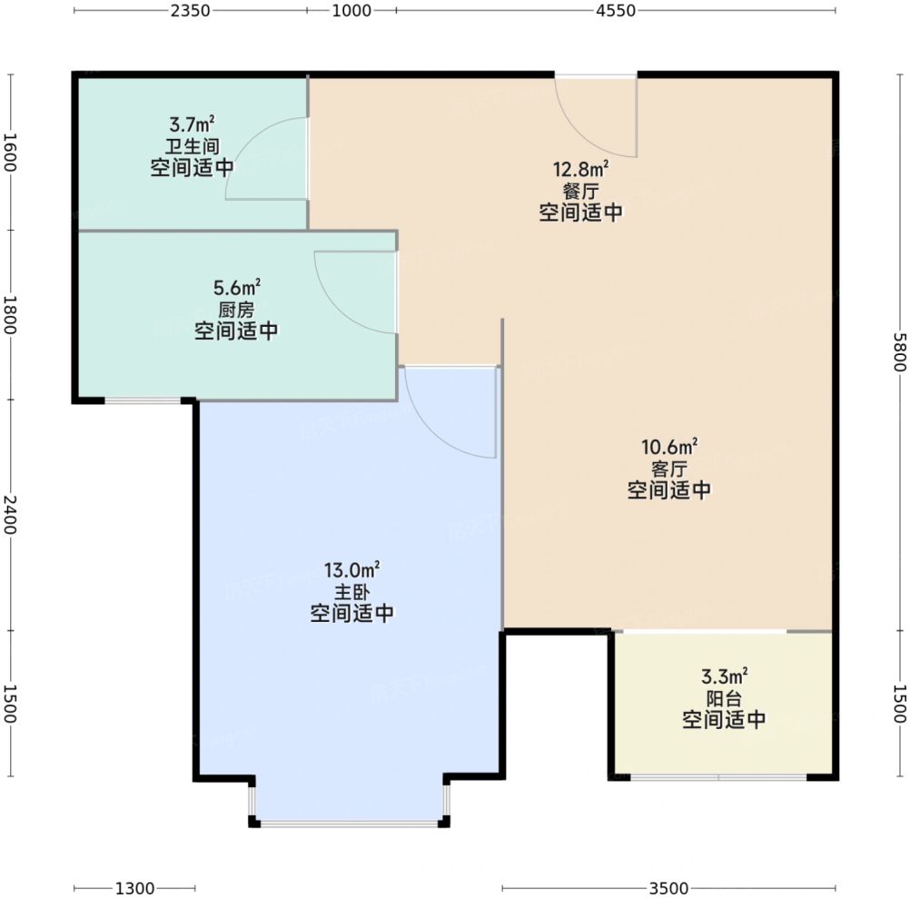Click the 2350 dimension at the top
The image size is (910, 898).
point(190,11)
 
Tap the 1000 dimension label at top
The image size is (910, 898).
point(351,11)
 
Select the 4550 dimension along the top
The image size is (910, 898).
point(616,11)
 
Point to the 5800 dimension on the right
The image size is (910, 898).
point(899,352)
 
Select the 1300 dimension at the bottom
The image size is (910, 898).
point(135,888)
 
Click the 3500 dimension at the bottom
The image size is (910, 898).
point(668,888)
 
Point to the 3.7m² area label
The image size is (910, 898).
point(193,124)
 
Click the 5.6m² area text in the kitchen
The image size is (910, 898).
point(237,287)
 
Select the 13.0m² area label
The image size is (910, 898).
point(351,569)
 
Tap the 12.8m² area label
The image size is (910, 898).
point(580,170)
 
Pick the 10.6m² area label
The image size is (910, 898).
point(669,447)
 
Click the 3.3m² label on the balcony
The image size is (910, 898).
point(725,676)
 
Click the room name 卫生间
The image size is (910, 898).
point(193,146)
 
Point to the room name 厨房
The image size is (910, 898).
point(237,310)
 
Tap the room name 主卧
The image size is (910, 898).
point(351,592)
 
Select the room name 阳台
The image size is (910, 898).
point(725,698)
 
